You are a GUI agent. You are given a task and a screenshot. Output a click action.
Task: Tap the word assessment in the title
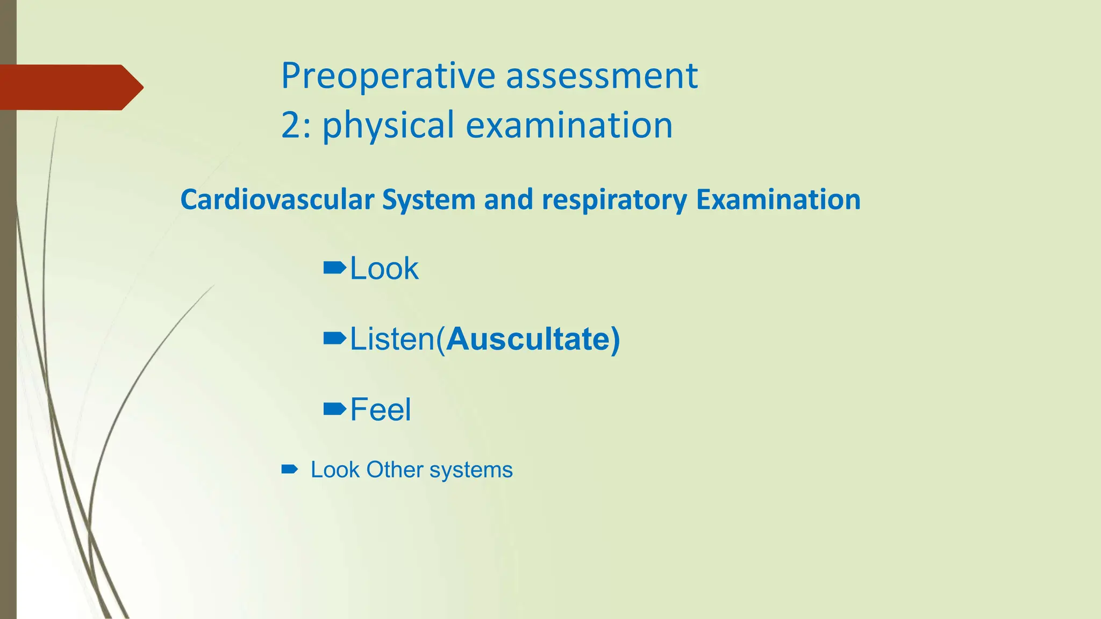(602, 76)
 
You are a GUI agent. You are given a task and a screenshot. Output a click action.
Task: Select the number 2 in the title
(290, 125)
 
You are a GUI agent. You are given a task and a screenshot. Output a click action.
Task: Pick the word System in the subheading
(428, 199)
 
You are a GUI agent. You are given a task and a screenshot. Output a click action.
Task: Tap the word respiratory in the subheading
(614, 200)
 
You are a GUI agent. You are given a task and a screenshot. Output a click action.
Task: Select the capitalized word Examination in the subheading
(778, 199)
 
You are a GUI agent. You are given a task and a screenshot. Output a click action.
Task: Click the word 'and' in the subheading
(509, 199)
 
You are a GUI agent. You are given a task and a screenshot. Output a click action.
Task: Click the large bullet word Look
(384, 268)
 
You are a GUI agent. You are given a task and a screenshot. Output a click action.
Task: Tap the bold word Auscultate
(530, 339)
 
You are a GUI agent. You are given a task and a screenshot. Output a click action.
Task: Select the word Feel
(381, 409)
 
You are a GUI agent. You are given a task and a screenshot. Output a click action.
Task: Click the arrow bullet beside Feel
(334, 409)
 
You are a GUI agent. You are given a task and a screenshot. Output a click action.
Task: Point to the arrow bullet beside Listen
(334, 339)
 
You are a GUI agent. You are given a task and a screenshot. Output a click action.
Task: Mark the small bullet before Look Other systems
(289, 470)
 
